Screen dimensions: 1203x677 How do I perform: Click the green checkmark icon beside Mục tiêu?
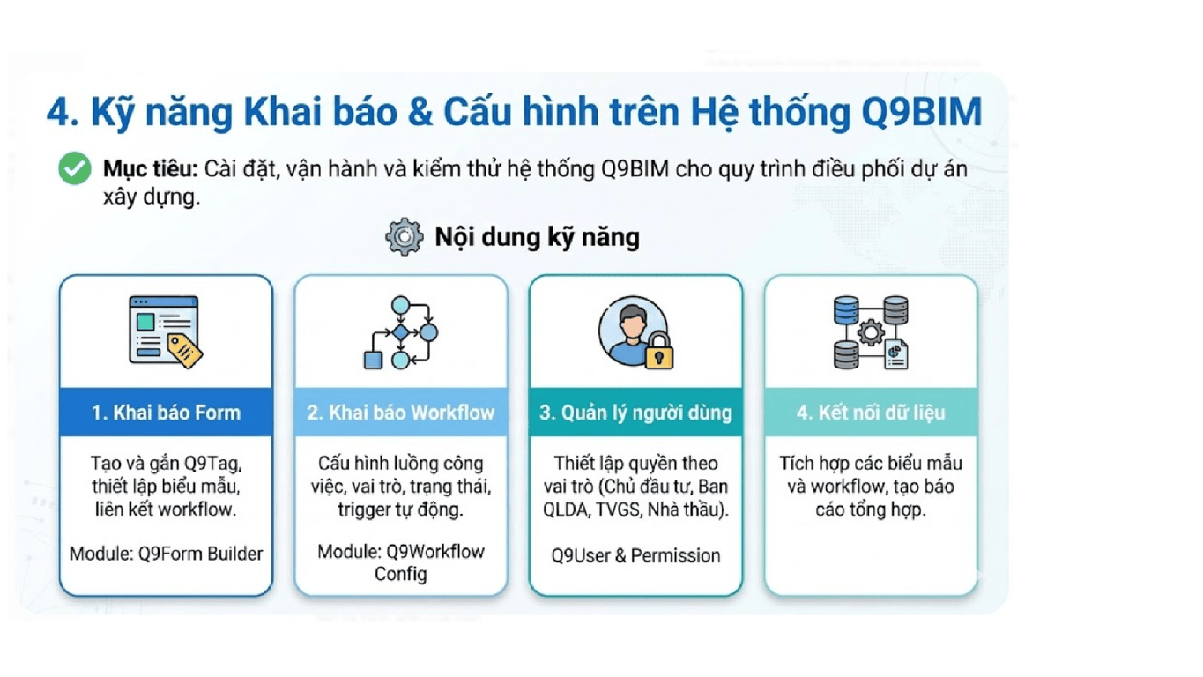(75, 168)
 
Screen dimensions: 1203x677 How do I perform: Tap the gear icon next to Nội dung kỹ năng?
(404, 236)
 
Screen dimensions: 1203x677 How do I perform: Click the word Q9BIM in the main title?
(922, 112)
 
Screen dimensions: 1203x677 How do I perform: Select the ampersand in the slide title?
(420, 112)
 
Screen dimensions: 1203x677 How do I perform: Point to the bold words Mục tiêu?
(151, 168)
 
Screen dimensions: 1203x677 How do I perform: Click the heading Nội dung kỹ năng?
(537, 237)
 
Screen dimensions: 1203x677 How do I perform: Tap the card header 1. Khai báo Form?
(166, 413)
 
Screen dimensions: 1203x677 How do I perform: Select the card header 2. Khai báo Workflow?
(401, 413)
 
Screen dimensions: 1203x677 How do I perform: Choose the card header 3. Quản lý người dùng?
(636, 413)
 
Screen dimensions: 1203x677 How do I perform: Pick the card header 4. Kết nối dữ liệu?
(871, 413)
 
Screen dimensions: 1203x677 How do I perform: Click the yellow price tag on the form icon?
(185, 351)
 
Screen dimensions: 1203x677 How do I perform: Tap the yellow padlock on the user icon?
(659, 352)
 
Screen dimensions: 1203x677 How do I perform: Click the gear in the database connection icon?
(871, 331)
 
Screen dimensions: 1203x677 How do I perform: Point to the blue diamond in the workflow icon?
(401, 332)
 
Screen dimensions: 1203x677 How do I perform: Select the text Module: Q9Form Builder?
(166, 554)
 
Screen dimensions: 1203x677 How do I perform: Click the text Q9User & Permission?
(636, 555)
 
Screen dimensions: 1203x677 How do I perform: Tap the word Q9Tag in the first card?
(212, 463)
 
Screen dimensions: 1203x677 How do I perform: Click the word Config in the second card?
(401, 574)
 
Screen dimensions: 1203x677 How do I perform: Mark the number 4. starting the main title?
(63, 112)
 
